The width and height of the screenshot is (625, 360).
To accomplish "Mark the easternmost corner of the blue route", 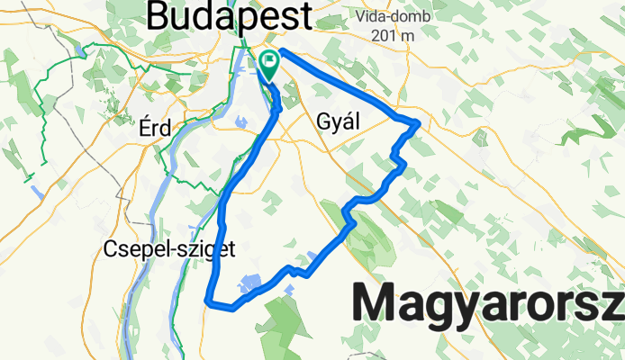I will point(420,123).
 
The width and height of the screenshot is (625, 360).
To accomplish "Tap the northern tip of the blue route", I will point(283,50).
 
